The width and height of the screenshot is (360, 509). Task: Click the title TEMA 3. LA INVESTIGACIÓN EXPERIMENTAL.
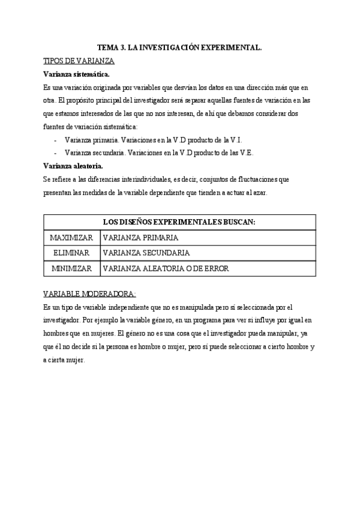coord(180,49)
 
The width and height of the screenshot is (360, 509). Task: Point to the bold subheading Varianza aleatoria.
coord(73,166)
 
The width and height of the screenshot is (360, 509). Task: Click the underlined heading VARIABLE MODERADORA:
coord(90,294)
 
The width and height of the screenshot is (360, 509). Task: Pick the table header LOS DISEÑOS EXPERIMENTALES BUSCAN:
coord(179,222)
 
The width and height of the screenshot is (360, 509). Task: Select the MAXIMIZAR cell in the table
coord(71,238)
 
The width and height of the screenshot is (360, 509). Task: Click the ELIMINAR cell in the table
coord(71,253)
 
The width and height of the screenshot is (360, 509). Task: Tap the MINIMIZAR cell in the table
coord(71,268)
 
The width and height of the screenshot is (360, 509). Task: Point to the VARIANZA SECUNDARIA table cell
coord(146,253)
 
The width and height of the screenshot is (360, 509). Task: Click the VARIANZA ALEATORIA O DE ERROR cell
coord(166,268)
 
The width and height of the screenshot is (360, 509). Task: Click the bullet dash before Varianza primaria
coord(55,140)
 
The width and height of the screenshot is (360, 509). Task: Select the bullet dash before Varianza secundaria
coord(55,153)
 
